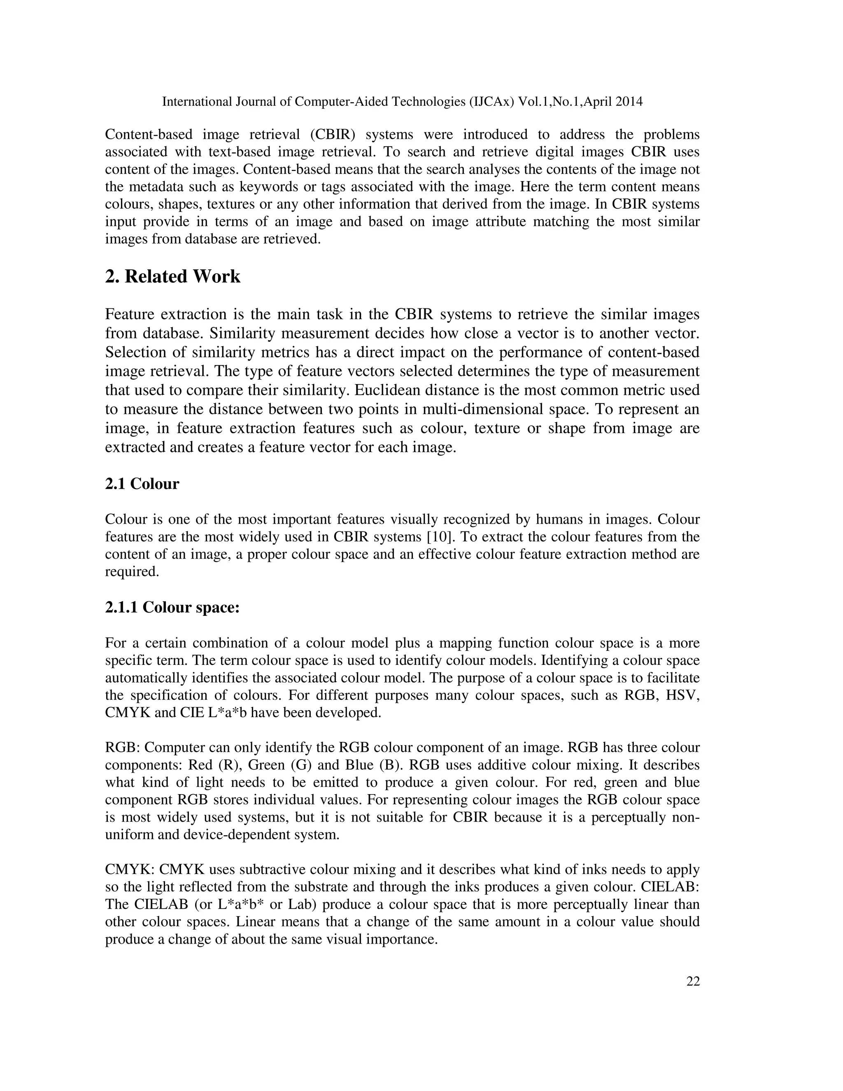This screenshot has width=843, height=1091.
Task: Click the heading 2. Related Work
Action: click(172, 277)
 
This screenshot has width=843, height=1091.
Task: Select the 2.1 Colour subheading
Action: click(142, 484)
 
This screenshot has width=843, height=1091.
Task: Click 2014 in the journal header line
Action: click(629, 102)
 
